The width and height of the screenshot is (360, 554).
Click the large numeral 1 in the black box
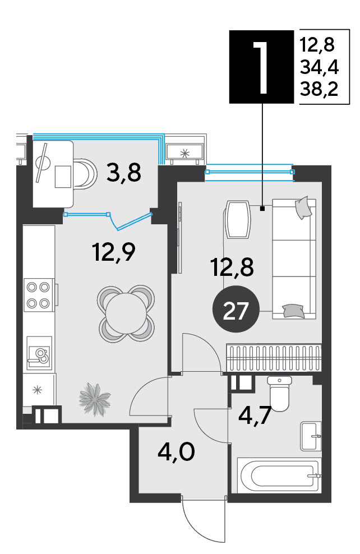point(261,67)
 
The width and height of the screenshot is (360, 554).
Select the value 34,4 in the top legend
point(320,67)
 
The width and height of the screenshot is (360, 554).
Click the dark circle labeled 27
point(236,309)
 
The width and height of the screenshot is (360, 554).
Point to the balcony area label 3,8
point(124,172)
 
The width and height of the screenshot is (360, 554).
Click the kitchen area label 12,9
point(114,252)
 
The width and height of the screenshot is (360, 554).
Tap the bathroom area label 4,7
point(255,415)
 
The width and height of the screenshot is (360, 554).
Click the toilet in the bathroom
point(279,394)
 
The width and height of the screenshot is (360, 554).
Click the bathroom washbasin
point(311,436)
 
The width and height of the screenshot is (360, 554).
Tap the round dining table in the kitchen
point(126,313)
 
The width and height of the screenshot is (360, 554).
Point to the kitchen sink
point(40,353)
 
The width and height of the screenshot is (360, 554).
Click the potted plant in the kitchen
point(95,399)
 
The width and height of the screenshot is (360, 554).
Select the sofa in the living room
point(294,258)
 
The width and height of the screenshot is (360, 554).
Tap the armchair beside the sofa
point(238,219)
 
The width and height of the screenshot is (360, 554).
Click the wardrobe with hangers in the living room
point(274,357)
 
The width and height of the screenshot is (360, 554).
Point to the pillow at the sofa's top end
point(303,207)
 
